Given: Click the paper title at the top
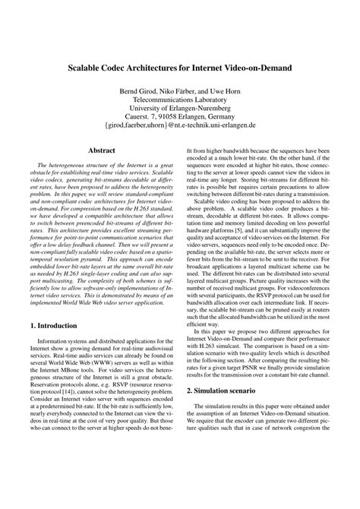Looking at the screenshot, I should [180, 67].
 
